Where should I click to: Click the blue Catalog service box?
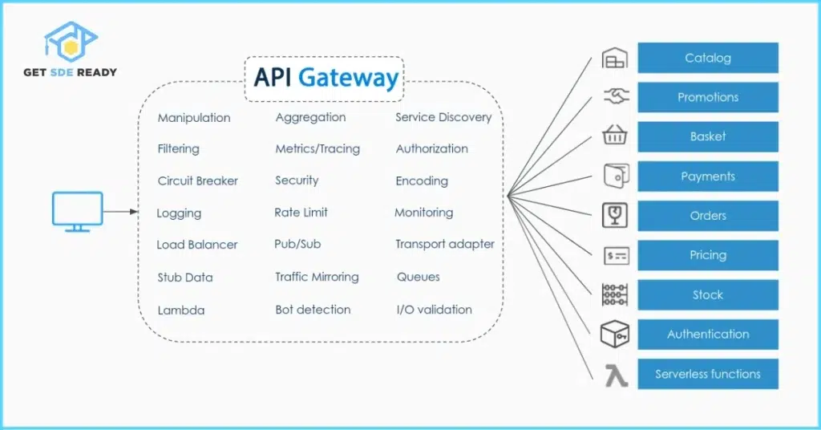(x=708, y=58)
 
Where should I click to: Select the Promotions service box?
(x=708, y=97)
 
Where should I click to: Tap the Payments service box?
(x=708, y=176)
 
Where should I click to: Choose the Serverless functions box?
(x=708, y=374)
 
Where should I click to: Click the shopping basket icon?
(x=615, y=136)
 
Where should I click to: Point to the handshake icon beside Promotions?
(x=615, y=97)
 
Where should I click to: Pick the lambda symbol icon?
(x=616, y=375)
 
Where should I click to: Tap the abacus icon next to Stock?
(x=615, y=294)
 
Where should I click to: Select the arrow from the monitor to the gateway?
(x=121, y=213)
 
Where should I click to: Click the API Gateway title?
(x=326, y=78)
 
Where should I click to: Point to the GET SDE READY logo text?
(x=69, y=72)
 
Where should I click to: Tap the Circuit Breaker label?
(x=198, y=181)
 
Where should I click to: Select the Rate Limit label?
(x=301, y=213)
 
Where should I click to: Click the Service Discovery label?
(x=443, y=117)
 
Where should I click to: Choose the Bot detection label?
(x=313, y=310)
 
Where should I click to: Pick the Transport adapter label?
(x=445, y=244)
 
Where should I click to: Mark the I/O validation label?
(x=434, y=310)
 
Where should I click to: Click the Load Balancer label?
(x=197, y=245)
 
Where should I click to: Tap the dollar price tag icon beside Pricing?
(x=615, y=256)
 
